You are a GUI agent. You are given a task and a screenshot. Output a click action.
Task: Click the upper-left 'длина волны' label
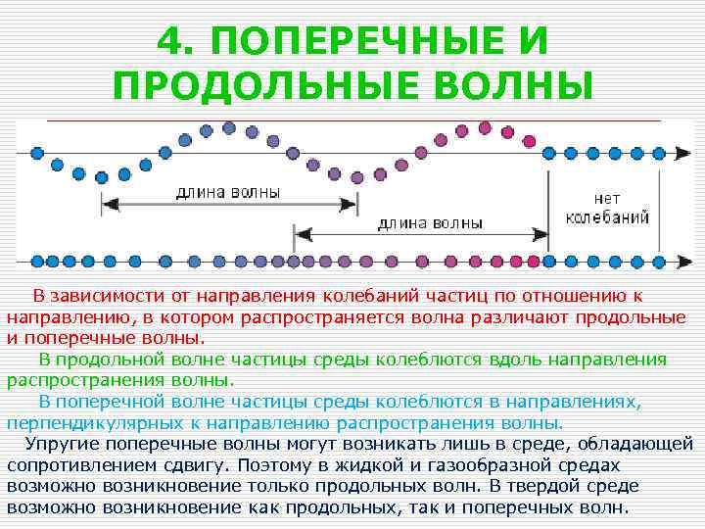[228, 192]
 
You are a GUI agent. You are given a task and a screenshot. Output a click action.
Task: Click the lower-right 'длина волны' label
[430, 222]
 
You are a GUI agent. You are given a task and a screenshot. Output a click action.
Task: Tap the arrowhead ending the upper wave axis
[684, 154]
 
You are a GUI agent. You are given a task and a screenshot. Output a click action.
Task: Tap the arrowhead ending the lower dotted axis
[684, 262]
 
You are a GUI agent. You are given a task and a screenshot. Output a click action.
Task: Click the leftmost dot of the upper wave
[37, 154]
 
